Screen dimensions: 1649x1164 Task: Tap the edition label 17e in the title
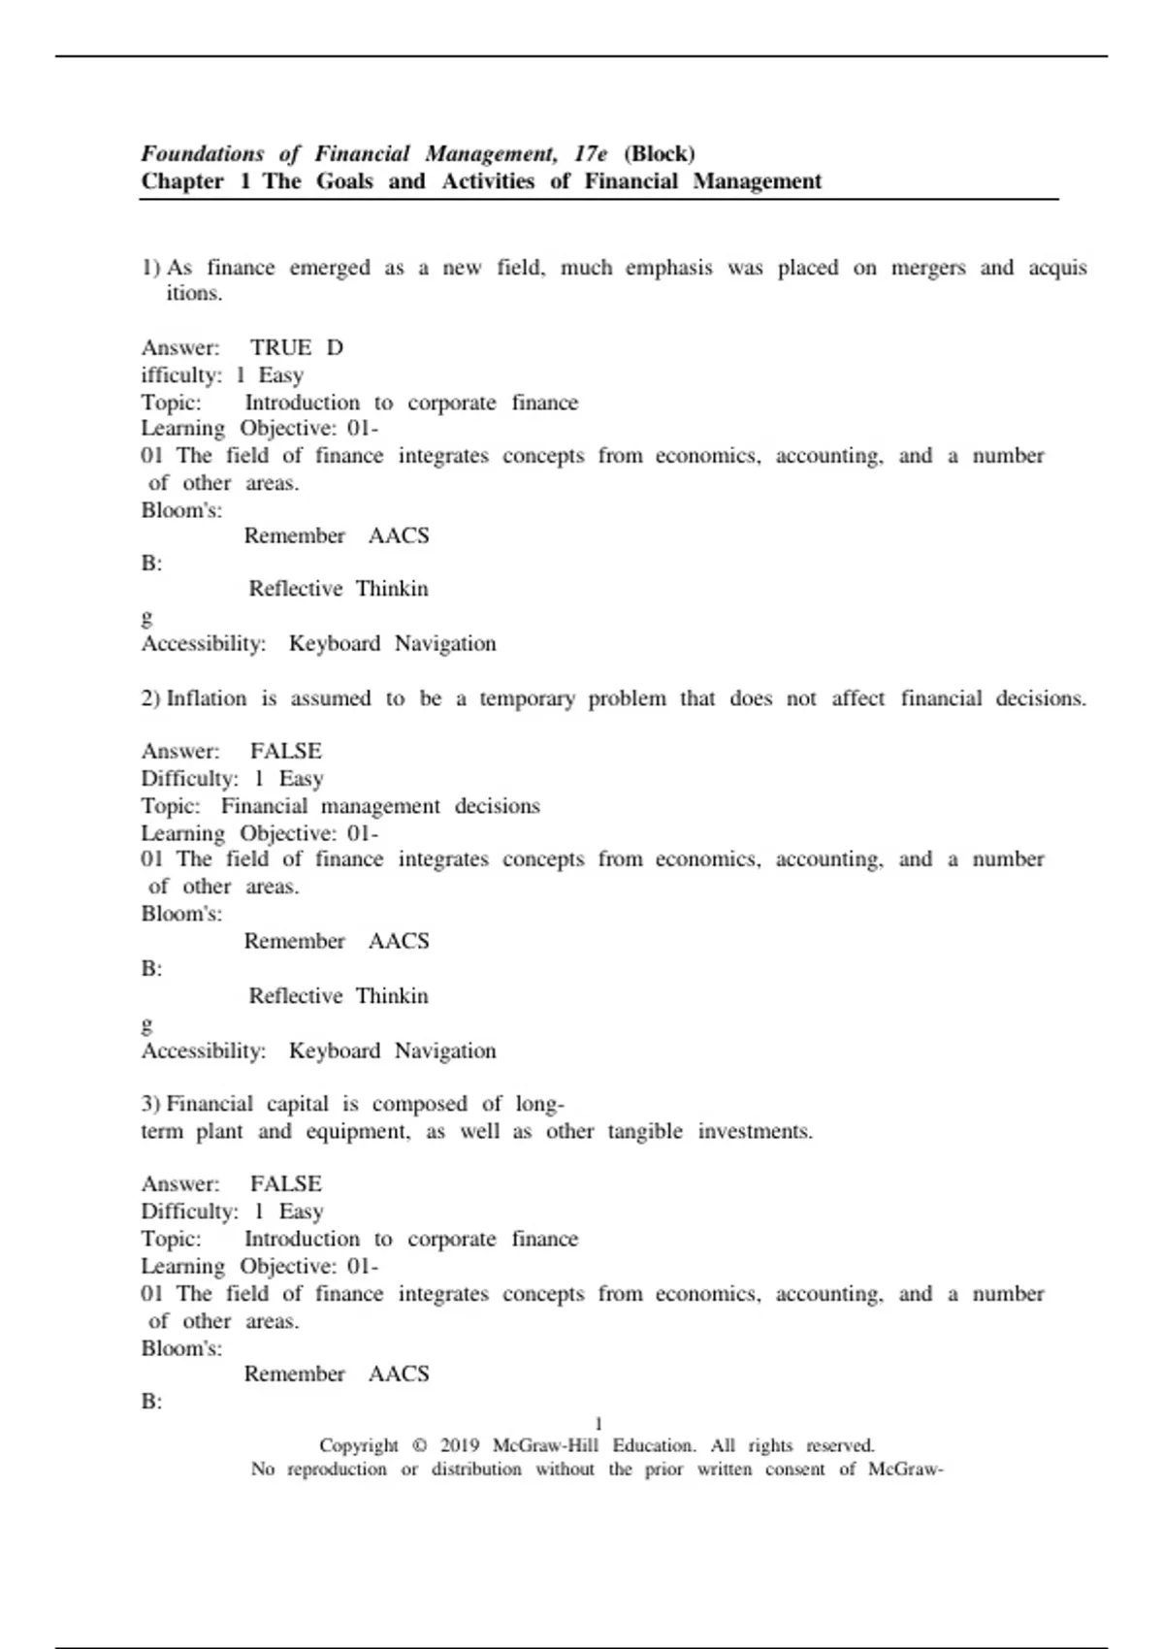pyautogui.click(x=591, y=154)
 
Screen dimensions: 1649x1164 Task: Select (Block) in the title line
pyautogui.click(x=660, y=154)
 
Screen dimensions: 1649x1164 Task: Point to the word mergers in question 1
pyautogui.click(x=928, y=269)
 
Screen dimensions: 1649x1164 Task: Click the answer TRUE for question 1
pyautogui.click(x=281, y=348)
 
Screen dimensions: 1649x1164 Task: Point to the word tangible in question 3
pyautogui.click(x=645, y=1132)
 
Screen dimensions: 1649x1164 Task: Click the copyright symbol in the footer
pyautogui.click(x=419, y=1445)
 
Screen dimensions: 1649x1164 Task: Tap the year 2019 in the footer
pyautogui.click(x=460, y=1445)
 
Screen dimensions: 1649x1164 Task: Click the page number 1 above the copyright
pyautogui.click(x=598, y=1424)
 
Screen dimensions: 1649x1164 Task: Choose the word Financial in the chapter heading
pyautogui.click(x=630, y=181)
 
